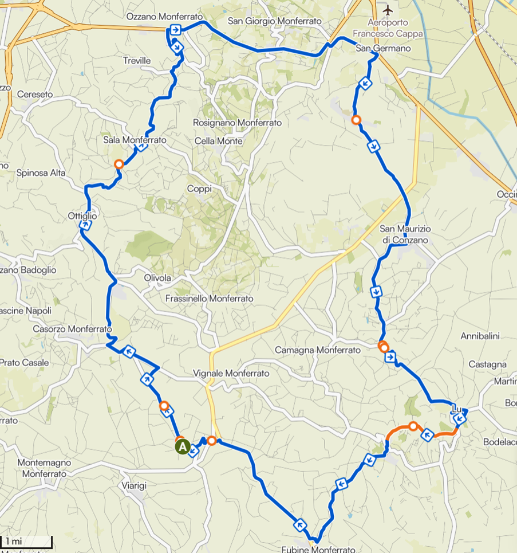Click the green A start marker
click(x=182, y=446)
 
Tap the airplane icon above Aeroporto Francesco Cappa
click(x=388, y=10)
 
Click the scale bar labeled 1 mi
click(x=26, y=542)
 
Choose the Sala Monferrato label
click(x=135, y=140)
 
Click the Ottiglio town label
click(x=83, y=216)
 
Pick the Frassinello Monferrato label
click(x=208, y=299)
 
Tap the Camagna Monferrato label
click(x=318, y=350)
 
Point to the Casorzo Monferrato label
click(x=72, y=329)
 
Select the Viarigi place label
click(x=134, y=485)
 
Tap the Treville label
click(x=137, y=60)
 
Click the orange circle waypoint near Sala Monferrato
click(x=119, y=164)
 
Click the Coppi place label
click(x=199, y=189)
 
